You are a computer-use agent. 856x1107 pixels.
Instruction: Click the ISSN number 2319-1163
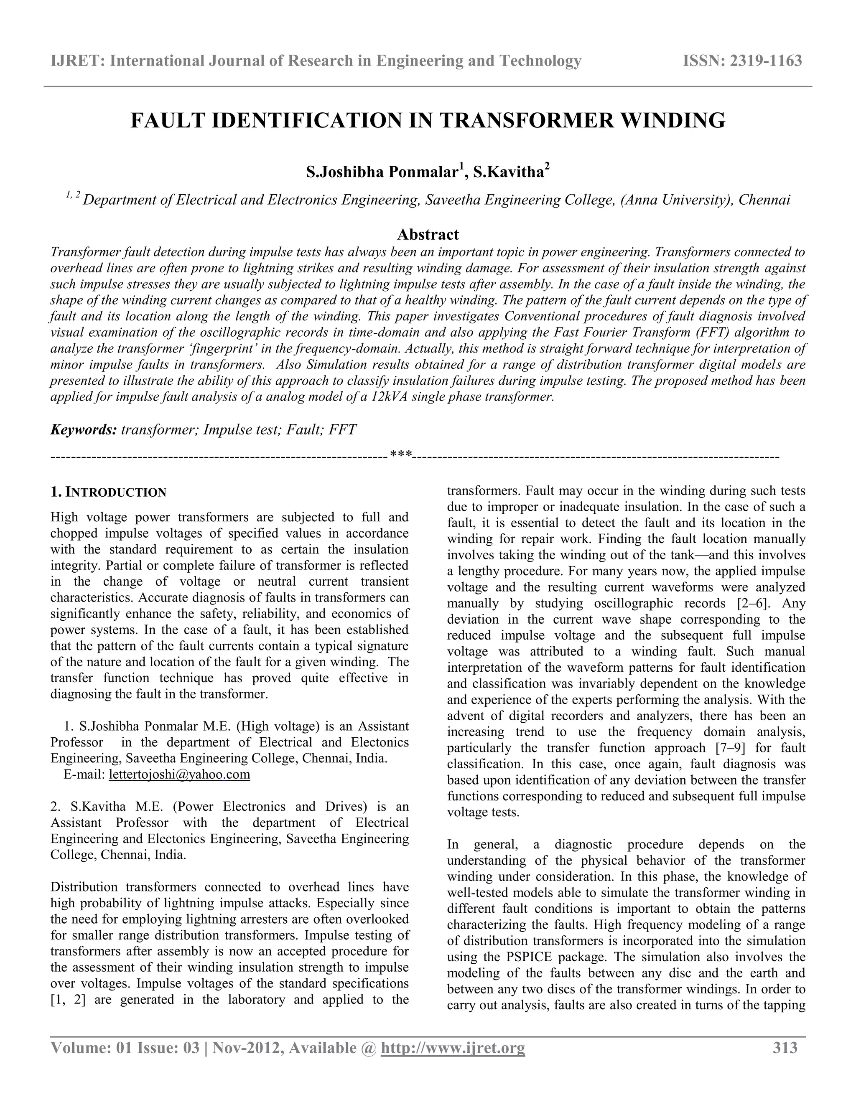[765, 61]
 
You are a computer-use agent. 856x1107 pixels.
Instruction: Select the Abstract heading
[428, 234]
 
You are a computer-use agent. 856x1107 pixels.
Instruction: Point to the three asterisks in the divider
[400, 454]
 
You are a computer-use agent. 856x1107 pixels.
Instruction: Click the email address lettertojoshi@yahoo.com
[179, 774]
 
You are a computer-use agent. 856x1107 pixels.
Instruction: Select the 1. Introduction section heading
[109, 492]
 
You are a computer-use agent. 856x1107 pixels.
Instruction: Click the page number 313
[785, 1048]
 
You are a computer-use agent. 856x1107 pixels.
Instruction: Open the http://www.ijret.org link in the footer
[452, 1048]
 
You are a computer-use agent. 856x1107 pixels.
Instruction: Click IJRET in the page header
[76, 61]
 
